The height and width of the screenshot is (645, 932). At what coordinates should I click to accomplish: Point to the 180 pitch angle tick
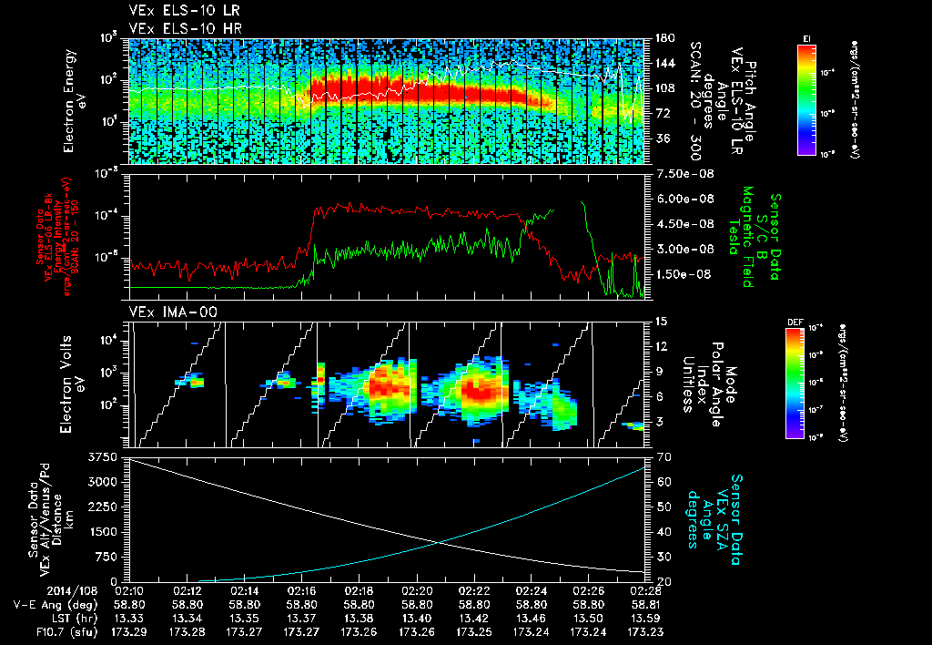tap(662, 38)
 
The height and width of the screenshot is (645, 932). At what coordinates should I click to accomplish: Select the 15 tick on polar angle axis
tap(660, 322)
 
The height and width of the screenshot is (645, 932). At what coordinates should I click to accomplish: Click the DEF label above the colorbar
tap(789, 322)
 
